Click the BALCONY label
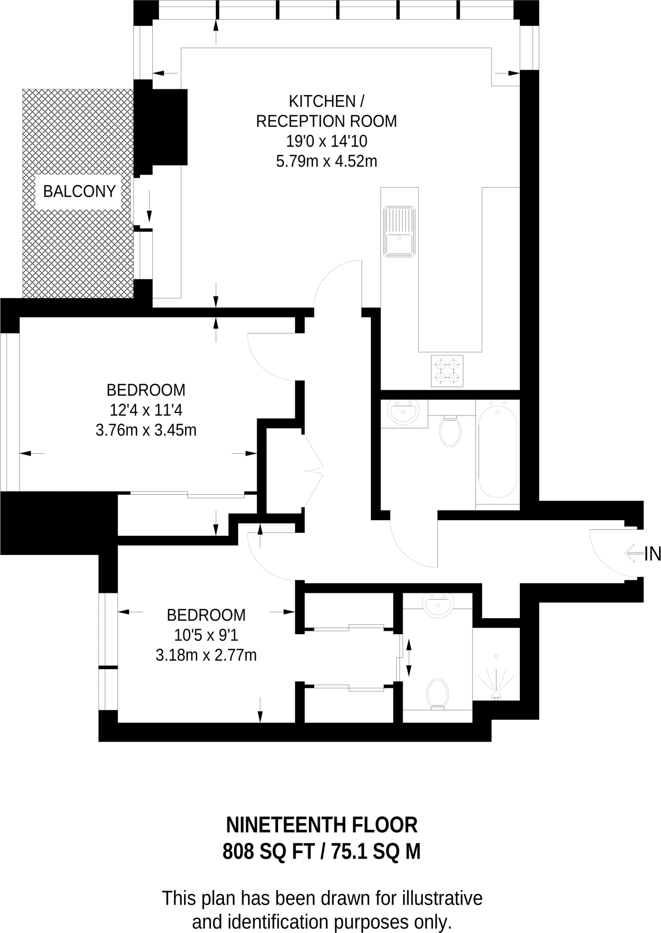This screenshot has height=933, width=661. click(79, 191)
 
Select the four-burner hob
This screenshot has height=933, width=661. click(447, 370)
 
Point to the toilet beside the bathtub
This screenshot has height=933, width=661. click(450, 431)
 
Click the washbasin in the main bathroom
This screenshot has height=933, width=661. click(403, 412)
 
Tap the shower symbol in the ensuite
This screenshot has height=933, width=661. click(496, 683)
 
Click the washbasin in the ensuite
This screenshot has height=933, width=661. click(438, 605)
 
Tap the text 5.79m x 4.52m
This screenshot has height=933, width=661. click(327, 161)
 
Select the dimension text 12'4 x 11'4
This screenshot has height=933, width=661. click(146, 410)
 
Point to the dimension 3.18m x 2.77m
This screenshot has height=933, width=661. click(206, 655)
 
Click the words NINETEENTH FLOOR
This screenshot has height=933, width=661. click(322, 825)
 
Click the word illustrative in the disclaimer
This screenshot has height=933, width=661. click(441, 898)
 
